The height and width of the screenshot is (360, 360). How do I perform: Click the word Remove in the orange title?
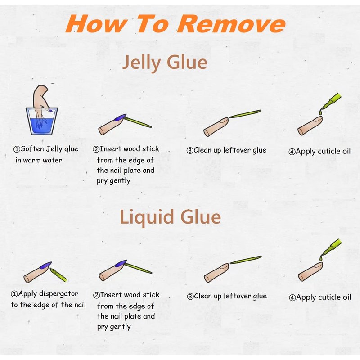[231, 24]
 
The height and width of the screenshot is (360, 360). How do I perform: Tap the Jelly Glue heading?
[165, 63]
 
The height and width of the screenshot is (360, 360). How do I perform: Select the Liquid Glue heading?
[170, 217]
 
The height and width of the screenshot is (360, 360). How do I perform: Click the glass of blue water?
[41, 121]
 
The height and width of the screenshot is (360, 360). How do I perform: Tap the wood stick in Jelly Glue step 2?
[138, 122]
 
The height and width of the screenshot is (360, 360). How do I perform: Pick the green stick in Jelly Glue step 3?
[245, 114]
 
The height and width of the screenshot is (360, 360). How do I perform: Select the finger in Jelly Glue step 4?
[310, 126]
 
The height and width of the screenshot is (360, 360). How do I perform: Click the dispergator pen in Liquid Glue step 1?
[58, 274]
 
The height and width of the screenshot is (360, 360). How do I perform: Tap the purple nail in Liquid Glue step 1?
[45, 265]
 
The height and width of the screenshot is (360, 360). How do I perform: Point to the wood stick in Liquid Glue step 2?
[138, 268]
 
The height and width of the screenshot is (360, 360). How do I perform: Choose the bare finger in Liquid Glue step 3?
[216, 273]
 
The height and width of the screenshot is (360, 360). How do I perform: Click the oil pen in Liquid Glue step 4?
[331, 250]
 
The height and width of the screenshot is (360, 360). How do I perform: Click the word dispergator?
[58, 294]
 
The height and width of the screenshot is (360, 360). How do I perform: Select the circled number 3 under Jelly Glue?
[190, 151]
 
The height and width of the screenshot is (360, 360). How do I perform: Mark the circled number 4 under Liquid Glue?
[292, 298]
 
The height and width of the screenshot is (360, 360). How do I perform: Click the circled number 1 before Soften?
[17, 149]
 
